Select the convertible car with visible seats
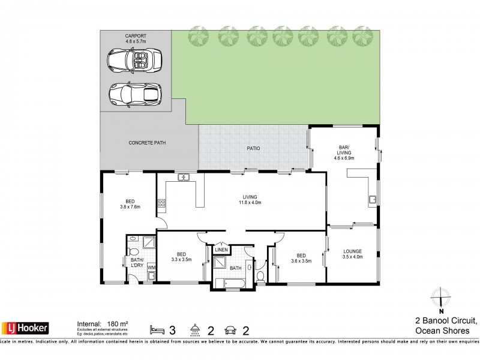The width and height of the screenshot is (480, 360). (x=134, y=61)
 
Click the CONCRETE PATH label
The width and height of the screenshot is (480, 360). (x=147, y=143)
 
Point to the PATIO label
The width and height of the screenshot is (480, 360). (x=251, y=148)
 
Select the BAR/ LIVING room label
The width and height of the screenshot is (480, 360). (x=344, y=155)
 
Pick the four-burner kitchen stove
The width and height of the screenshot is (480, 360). (x=161, y=204)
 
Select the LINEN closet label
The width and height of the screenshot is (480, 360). (x=221, y=249)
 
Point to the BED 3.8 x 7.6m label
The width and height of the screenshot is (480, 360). (x=130, y=205)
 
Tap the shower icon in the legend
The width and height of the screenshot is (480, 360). (x=194, y=328)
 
